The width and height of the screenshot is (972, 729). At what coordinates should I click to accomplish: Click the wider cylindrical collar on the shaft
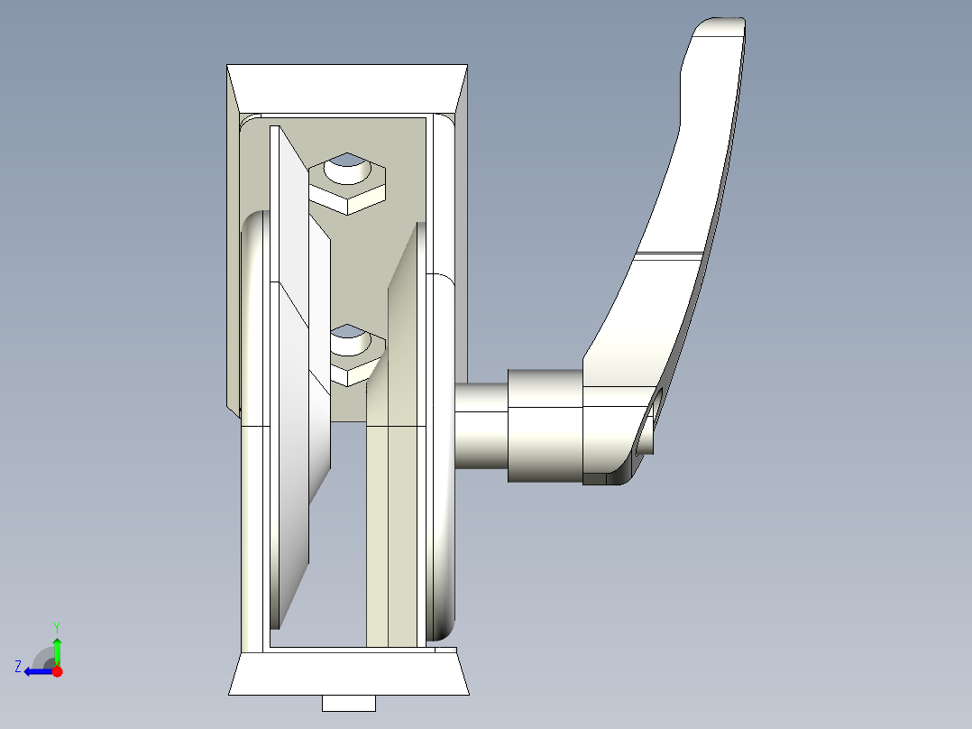point(545,424)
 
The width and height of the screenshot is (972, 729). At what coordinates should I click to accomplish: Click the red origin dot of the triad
point(57,671)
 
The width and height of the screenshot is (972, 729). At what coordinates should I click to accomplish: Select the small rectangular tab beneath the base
point(348,703)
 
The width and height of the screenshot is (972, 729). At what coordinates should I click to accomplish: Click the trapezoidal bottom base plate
point(348,675)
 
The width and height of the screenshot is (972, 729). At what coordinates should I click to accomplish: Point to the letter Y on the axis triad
point(57,626)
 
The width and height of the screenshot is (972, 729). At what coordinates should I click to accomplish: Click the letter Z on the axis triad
point(18,666)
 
